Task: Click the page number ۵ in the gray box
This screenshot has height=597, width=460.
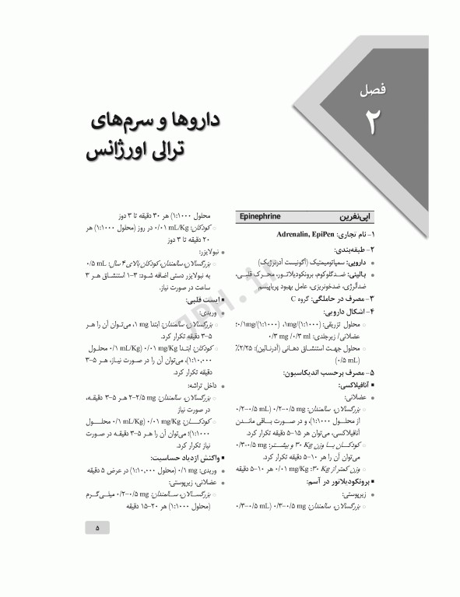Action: pos(98,528)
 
